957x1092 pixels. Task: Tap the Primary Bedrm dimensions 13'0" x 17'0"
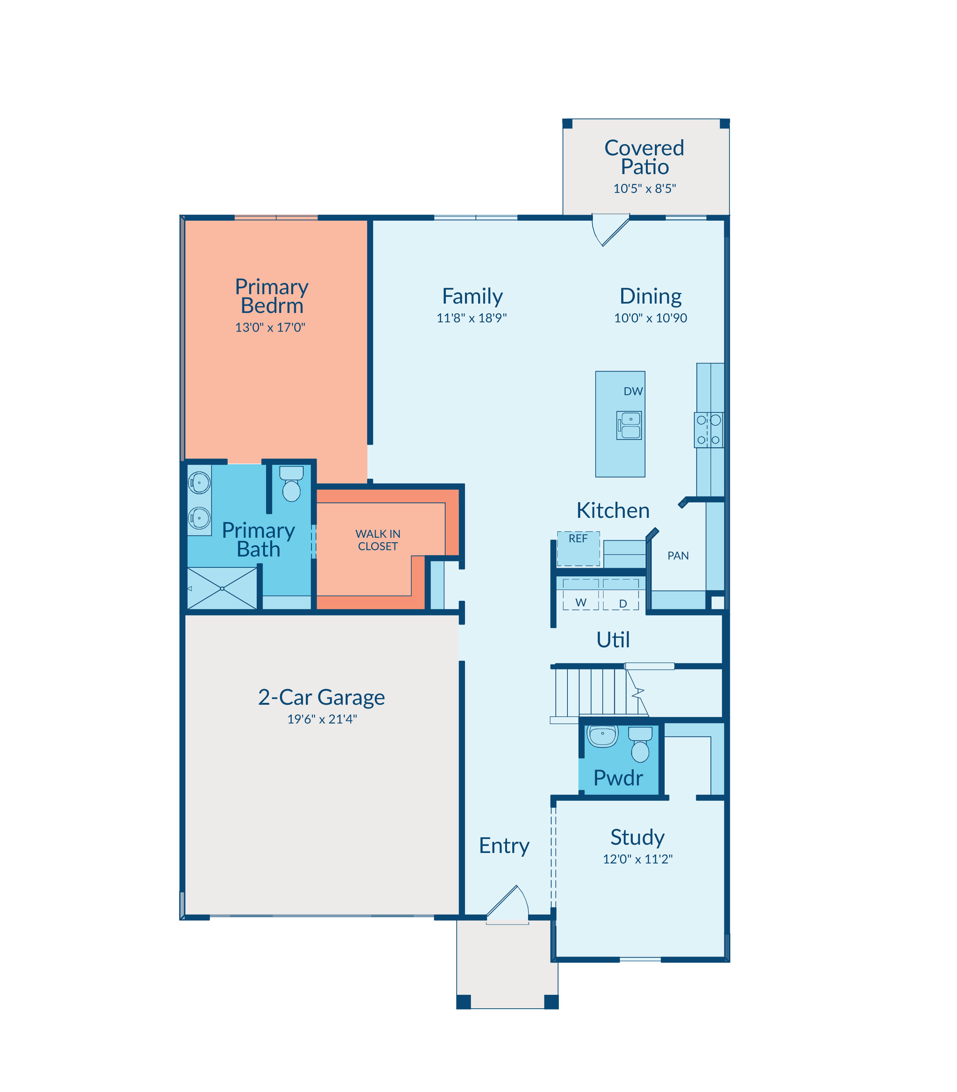click(x=270, y=327)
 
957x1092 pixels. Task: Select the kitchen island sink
click(x=629, y=425)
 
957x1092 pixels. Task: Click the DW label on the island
click(x=633, y=391)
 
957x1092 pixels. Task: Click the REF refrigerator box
click(x=578, y=548)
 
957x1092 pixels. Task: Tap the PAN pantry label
click(x=678, y=556)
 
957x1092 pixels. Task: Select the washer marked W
click(x=581, y=594)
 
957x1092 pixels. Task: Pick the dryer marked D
click(x=621, y=594)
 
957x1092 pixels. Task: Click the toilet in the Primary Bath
click(x=291, y=484)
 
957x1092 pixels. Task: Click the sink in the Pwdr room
click(x=603, y=736)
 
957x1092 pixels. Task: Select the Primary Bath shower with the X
click(x=222, y=588)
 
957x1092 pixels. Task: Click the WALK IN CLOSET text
click(x=378, y=540)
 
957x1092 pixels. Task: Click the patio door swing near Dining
click(x=611, y=230)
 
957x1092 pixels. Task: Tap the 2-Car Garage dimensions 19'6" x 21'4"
click(x=322, y=719)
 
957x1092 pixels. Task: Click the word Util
click(x=613, y=640)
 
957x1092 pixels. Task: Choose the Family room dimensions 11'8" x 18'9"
click(x=472, y=318)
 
